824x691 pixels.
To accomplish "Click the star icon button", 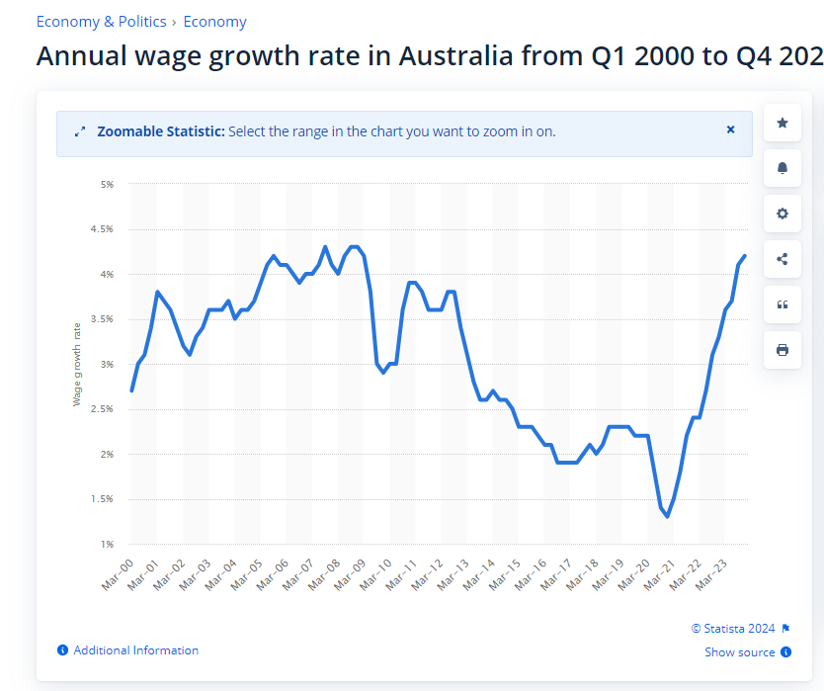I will coord(783,123).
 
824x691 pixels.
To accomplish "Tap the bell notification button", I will coord(783,168).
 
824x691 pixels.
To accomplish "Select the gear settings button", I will coord(783,214).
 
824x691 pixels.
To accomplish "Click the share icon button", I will coord(783,259).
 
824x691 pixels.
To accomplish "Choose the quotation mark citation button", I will coord(783,304).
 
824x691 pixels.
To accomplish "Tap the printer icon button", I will coord(783,350).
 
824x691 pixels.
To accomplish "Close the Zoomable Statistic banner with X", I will coord(731,130).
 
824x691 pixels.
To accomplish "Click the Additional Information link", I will coord(135,650).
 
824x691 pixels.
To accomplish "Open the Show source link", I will coord(740,652).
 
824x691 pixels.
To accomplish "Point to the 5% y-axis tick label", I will coord(107,184).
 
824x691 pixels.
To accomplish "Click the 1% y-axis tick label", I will coord(107,544).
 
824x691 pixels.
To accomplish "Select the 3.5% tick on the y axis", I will coord(104,319).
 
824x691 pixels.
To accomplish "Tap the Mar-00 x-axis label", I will coord(118,572).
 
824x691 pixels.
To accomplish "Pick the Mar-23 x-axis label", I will coord(714,572).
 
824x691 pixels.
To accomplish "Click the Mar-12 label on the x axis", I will coord(429,572).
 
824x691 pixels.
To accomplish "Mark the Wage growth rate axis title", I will coord(77,364).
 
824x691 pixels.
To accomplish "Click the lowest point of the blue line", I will coord(668,516).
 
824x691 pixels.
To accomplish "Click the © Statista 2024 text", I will coord(734,628).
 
